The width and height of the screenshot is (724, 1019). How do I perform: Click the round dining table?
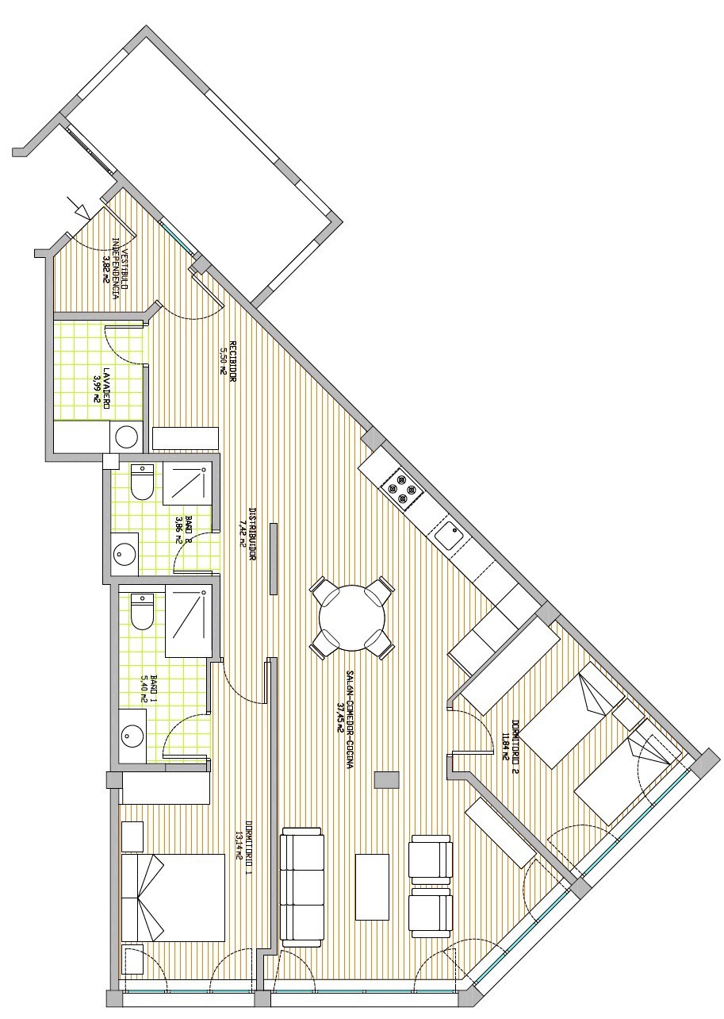point(352,617)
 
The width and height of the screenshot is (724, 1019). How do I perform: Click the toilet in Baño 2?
point(143,482)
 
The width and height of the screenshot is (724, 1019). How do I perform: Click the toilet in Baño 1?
point(142,611)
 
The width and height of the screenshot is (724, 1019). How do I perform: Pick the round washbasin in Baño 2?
point(124,552)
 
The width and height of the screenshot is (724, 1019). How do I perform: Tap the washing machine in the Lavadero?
point(126,436)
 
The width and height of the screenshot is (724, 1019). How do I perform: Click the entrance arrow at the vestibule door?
point(80,208)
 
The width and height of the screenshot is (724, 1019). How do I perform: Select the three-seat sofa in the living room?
point(302,887)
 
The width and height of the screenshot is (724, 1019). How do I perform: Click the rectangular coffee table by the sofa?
point(373,886)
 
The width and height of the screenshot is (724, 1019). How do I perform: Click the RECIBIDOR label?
point(234,362)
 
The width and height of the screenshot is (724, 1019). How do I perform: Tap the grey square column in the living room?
point(386,779)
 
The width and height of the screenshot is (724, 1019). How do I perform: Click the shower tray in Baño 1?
point(189,622)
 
